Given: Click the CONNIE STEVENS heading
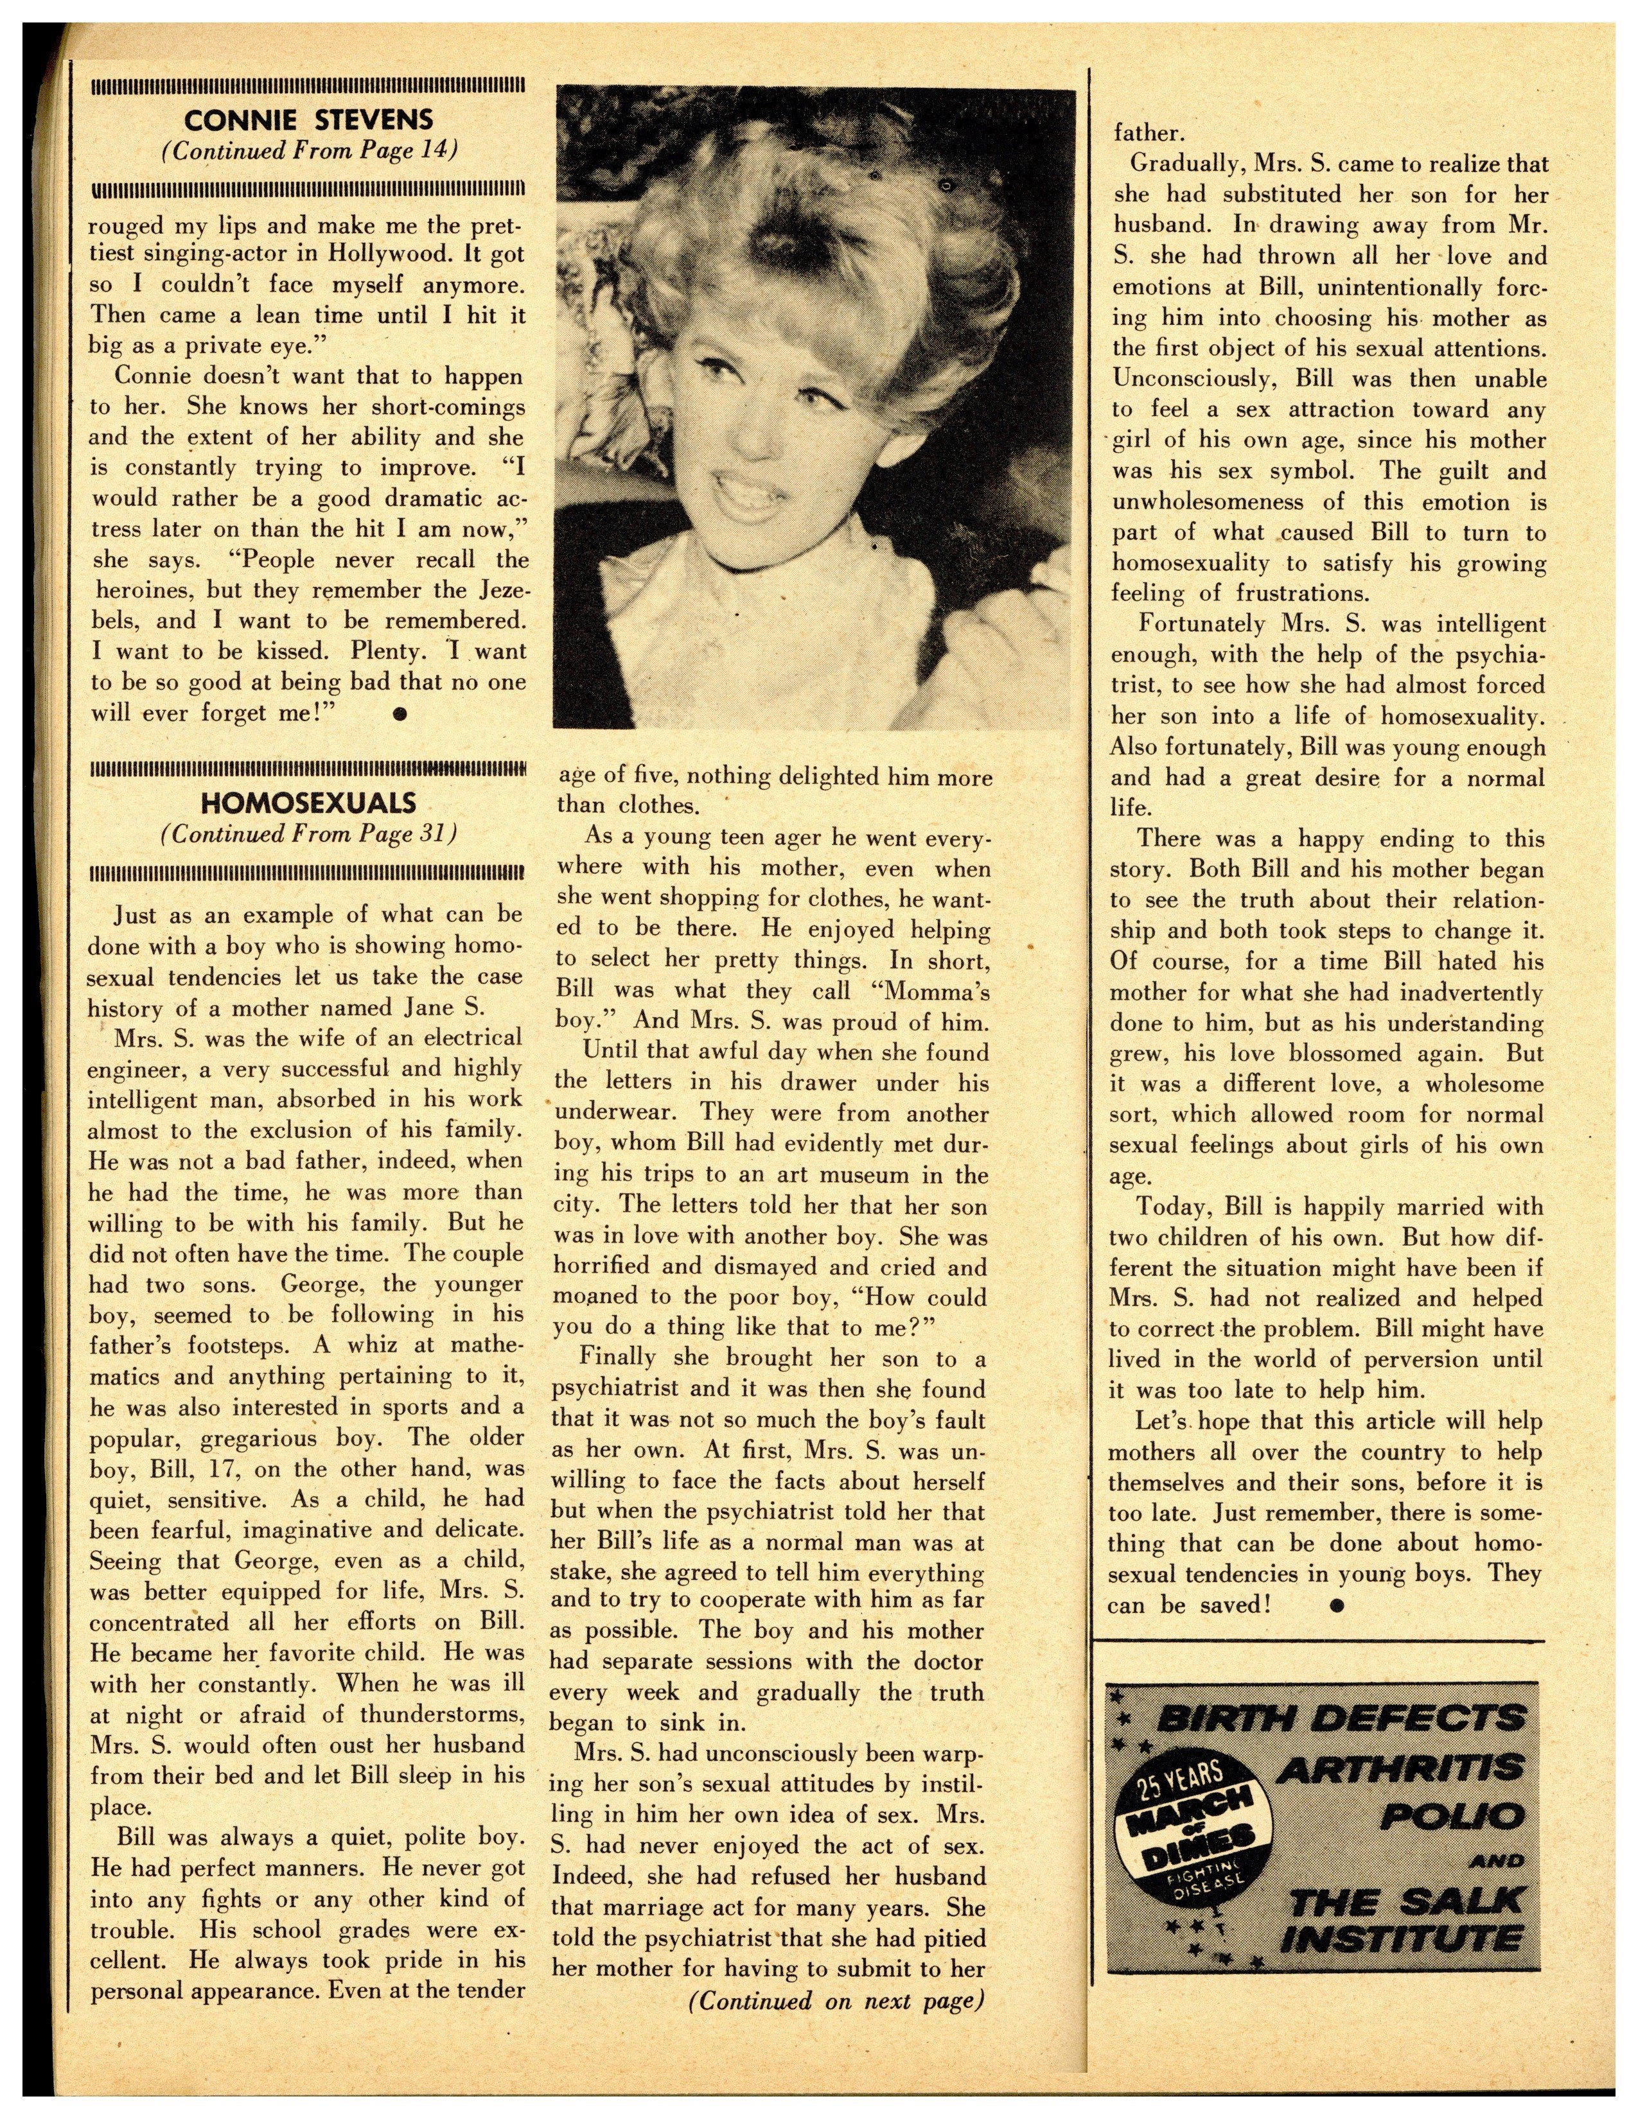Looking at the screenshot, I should tap(308, 120).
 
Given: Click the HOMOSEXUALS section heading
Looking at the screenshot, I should tap(308, 803).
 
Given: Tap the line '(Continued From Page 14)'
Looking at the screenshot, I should tap(308, 152).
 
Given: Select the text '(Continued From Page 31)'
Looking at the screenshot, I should tap(308, 833).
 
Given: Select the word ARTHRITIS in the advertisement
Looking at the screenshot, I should tap(1398, 1770).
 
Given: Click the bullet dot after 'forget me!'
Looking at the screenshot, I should tap(399, 713).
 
